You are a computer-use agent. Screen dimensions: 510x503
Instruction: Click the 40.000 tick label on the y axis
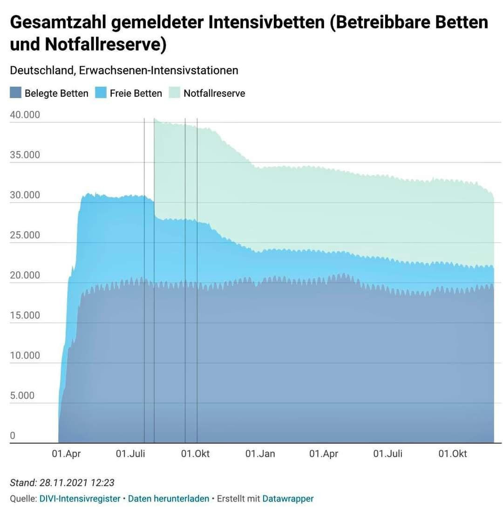pyautogui.click(x=25, y=115)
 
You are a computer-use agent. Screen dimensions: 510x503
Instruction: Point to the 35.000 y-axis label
pyautogui.click(x=25, y=155)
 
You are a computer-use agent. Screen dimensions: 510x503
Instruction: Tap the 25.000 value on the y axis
pyautogui.click(x=25, y=235)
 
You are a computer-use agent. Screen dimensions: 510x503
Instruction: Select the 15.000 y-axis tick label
pyautogui.click(x=25, y=315)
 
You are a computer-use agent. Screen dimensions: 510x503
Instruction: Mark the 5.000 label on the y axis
pyautogui.click(x=22, y=395)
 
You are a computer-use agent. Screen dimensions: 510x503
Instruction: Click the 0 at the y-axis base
pyautogui.click(x=13, y=435)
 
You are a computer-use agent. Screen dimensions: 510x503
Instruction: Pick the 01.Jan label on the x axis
pyautogui.click(x=260, y=454)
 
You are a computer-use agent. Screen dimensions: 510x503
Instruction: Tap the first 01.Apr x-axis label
pyautogui.click(x=66, y=454)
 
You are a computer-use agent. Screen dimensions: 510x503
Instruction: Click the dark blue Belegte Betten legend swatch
pyautogui.click(x=15, y=93)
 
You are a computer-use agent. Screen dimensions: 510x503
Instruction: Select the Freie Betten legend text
pyautogui.click(x=136, y=93)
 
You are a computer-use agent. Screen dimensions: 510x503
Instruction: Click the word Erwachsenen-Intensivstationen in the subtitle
pyautogui.click(x=159, y=70)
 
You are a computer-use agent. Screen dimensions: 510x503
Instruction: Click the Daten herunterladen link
pyautogui.click(x=169, y=498)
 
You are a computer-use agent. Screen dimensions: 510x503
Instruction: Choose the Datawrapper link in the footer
pyautogui.click(x=288, y=498)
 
